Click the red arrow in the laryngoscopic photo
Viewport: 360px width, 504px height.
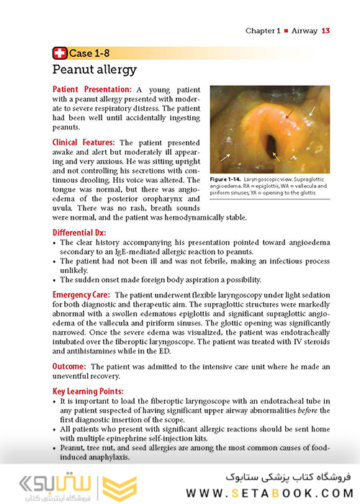(287, 113)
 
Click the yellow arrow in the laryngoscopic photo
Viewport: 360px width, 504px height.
(276, 154)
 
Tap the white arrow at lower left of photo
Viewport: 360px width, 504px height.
(225, 155)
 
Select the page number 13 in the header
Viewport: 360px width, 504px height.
(325, 31)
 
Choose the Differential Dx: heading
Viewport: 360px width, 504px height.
(78, 233)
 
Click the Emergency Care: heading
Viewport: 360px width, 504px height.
(81, 295)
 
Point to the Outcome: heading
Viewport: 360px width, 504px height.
(69, 367)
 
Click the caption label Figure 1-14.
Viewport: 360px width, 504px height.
(227, 177)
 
